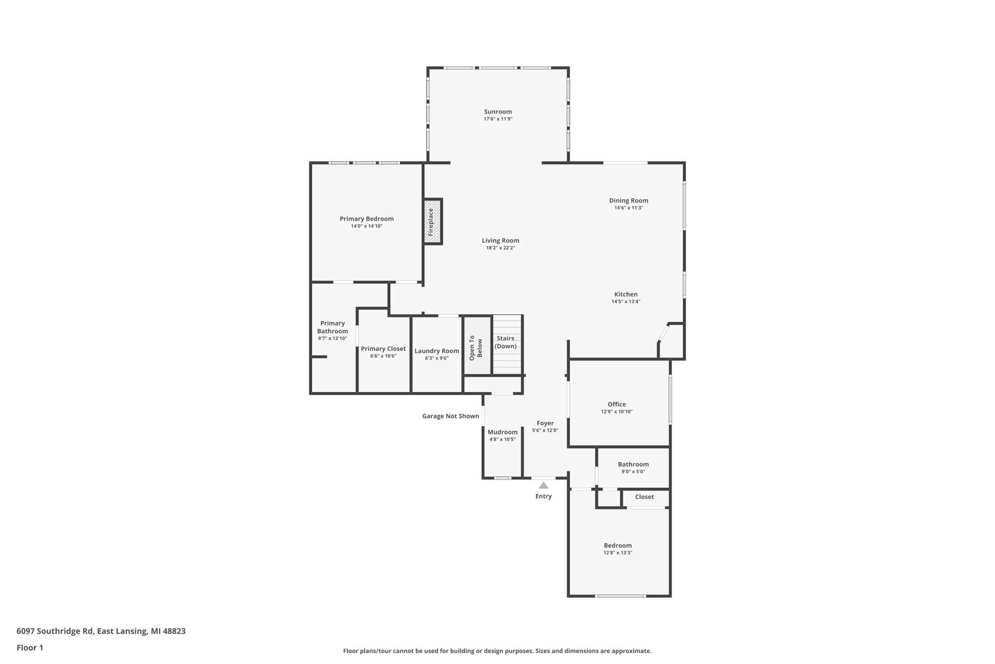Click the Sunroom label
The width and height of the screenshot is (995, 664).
(498, 112)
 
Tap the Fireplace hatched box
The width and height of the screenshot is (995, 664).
(433, 221)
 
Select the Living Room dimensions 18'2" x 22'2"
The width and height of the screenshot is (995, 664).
(501, 248)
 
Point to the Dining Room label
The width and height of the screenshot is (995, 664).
(628, 201)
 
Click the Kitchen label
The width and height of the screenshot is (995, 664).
(626, 294)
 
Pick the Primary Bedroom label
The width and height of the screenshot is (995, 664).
(367, 219)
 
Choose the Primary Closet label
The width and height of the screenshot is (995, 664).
(383, 349)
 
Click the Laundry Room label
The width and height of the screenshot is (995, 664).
(436, 351)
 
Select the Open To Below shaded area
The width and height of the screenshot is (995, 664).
(478, 345)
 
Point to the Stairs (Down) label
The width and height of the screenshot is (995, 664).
(506, 342)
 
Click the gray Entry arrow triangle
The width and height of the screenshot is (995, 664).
(544, 485)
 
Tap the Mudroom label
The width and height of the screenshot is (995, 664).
(503, 432)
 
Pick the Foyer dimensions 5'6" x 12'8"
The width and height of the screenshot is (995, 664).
(545, 430)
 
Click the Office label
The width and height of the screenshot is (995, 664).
(617, 405)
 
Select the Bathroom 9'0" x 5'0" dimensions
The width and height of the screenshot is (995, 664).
(633, 471)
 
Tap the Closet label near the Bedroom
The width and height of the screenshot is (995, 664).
(644, 497)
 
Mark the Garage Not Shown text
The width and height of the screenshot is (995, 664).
(450, 416)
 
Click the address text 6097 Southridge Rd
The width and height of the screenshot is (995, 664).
(54, 631)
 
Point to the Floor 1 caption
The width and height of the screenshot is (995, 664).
(30, 648)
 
